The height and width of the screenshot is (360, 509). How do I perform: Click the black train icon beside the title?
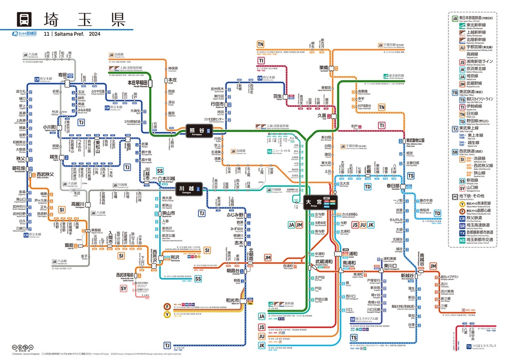click(23, 19)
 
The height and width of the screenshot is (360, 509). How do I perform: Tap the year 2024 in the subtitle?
click(94, 34)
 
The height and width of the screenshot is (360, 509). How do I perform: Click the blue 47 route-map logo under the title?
click(25, 34)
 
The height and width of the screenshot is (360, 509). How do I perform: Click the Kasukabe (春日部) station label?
click(393, 185)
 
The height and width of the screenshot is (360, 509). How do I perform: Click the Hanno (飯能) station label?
click(69, 245)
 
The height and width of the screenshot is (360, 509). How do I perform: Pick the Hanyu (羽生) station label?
click(277, 96)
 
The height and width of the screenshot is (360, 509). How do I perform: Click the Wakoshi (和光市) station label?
click(232, 300)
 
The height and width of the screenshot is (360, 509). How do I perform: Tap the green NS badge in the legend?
click(455, 240)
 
